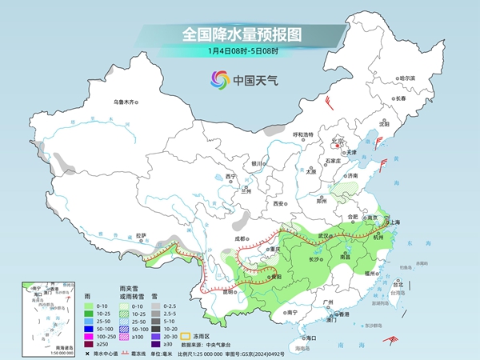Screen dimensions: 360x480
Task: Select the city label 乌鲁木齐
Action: [x=126, y=102]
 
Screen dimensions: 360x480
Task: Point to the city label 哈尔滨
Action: [x=407, y=78]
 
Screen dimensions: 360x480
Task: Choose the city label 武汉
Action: [x=324, y=235]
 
